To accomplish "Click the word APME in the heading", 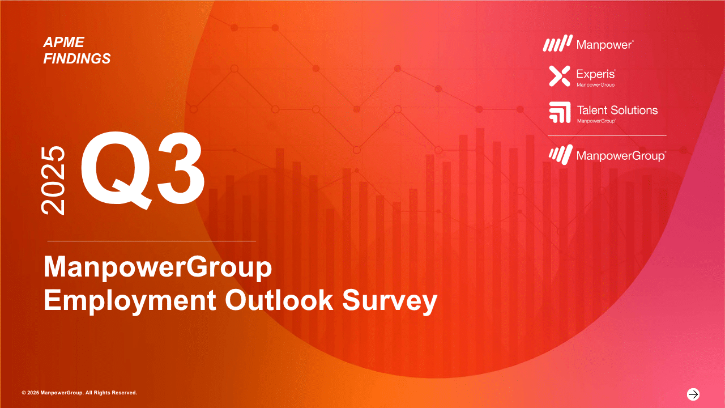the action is point(64,42).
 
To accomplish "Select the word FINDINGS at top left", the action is point(77,58).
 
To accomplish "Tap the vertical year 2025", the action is point(53,180).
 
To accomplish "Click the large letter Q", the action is point(116,170).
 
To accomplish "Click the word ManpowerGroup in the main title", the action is point(157,268).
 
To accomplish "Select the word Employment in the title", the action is point(130,301).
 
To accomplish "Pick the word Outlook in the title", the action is point(279,300).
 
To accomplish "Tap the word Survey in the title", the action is point(389,301).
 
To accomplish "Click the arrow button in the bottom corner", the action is point(693,394).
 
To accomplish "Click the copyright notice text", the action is point(79,393).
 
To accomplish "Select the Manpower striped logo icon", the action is point(557,44).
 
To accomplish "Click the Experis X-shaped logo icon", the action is point(560,76).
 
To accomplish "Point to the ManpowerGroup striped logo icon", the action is point(561,155).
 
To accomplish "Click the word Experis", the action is point(595,74).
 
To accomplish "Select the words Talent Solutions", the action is point(617,110).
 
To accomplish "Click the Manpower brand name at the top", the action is point(604,45).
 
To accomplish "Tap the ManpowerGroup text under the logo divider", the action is point(620,156).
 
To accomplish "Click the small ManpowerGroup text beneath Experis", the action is point(595,85).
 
